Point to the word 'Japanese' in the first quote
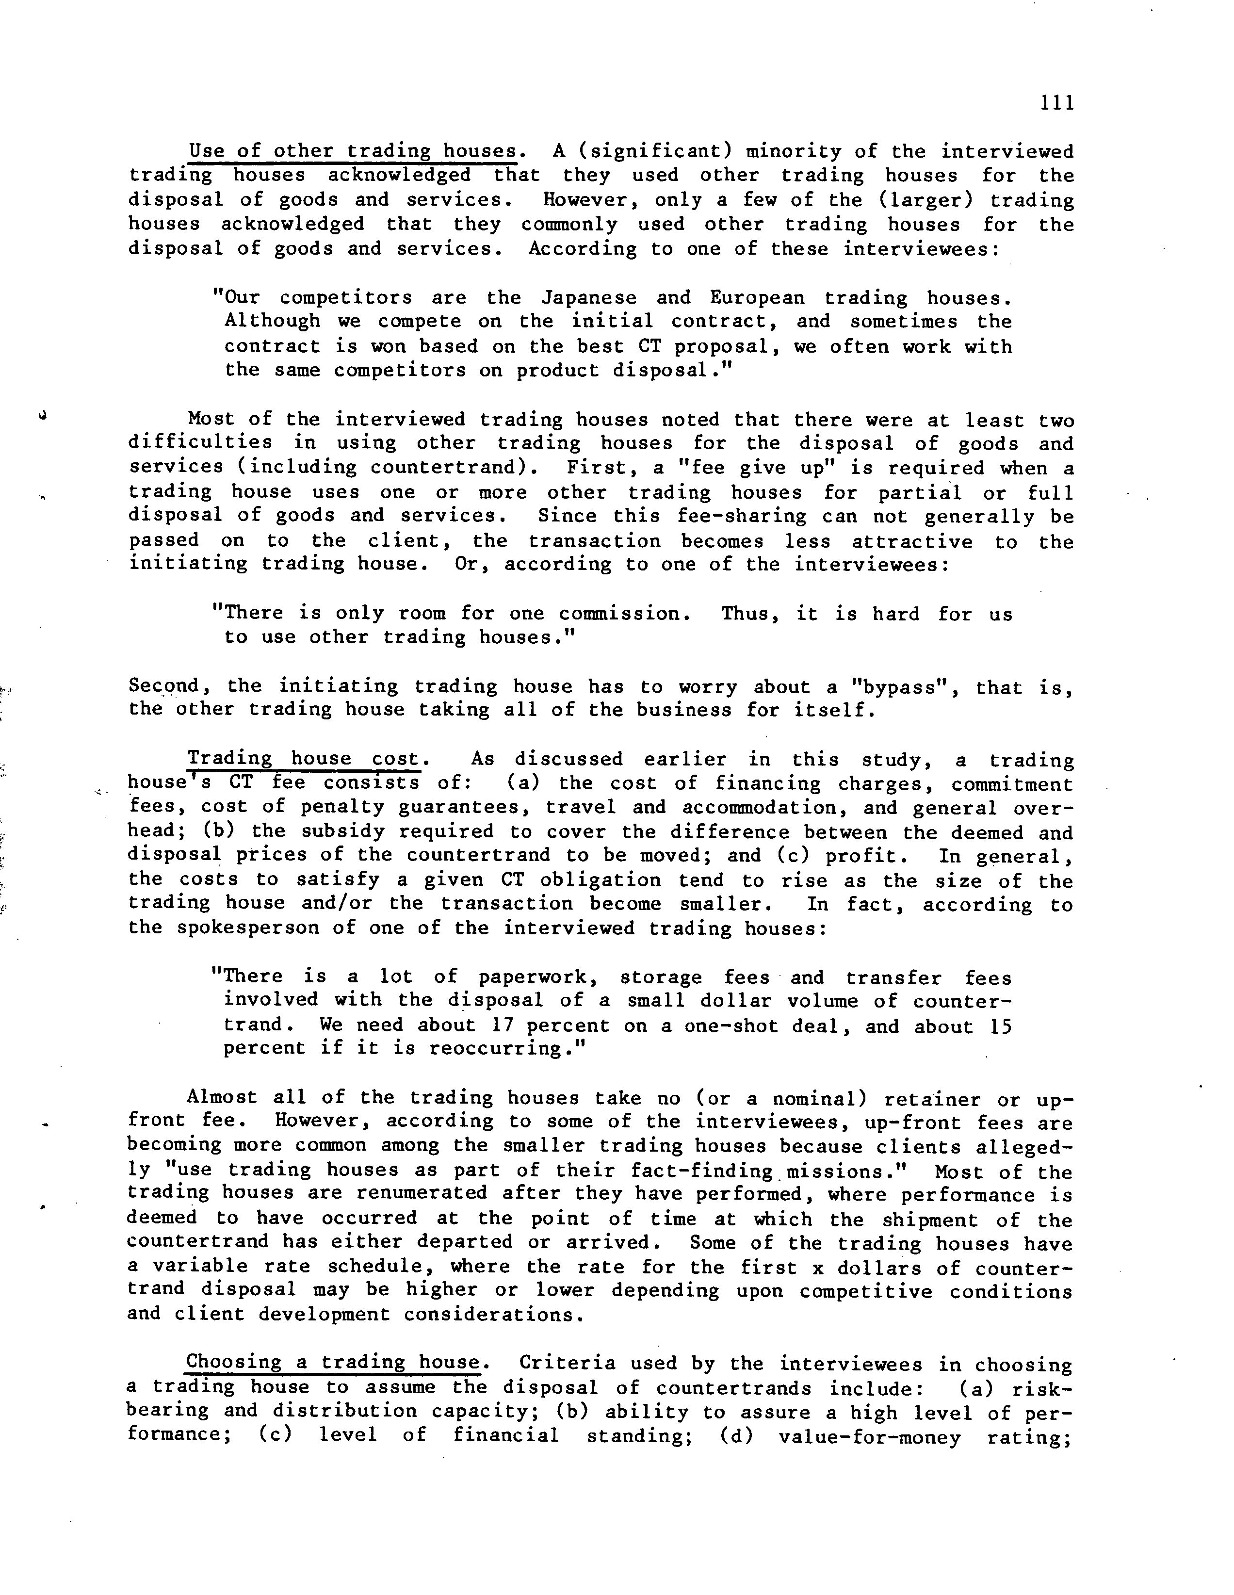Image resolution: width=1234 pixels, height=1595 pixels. (x=588, y=298)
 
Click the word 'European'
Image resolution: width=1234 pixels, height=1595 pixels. (x=757, y=298)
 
